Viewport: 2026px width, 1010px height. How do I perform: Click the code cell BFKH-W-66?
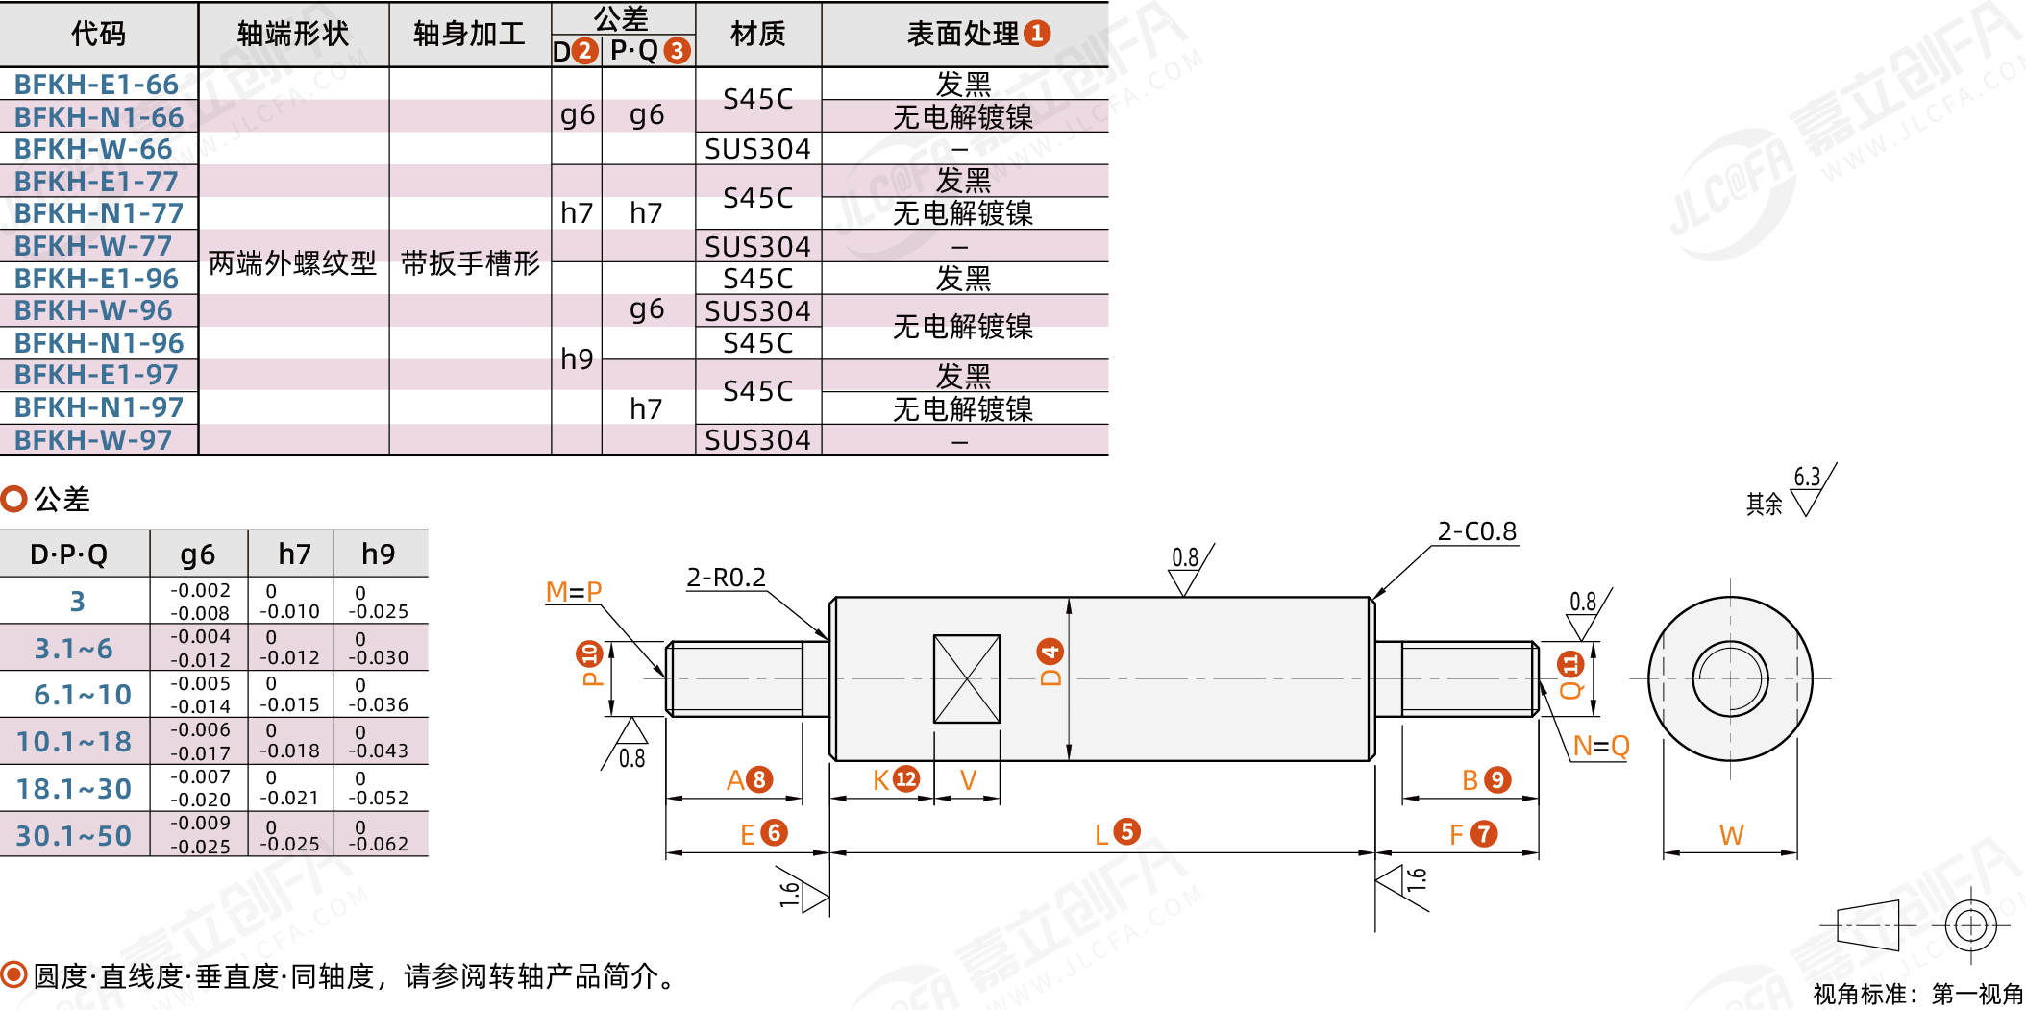(93, 149)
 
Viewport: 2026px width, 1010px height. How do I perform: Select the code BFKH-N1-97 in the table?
(98, 407)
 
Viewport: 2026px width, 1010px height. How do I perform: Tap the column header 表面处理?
(964, 35)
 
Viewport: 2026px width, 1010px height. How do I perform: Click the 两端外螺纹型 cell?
(292, 262)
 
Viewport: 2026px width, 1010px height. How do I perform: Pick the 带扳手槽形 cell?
(470, 262)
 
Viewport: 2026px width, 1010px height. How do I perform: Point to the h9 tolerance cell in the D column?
(577, 358)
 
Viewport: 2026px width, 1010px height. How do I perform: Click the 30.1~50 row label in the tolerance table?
(74, 835)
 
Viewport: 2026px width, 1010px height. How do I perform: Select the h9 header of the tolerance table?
(379, 554)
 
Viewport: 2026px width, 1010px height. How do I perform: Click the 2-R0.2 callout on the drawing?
(726, 578)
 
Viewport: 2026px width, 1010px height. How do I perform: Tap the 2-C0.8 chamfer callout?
(1476, 531)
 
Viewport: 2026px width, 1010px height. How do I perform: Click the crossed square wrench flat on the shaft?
(967, 678)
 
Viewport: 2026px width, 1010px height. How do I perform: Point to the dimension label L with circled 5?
(1116, 832)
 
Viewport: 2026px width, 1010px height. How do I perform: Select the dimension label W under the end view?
(1731, 835)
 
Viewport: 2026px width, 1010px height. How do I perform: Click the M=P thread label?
(574, 592)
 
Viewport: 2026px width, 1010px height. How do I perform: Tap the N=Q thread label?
(1600, 746)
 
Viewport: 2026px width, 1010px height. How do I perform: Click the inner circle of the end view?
(1730, 678)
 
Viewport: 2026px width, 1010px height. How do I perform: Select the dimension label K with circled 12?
(895, 779)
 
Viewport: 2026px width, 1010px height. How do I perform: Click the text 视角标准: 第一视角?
(1917, 994)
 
